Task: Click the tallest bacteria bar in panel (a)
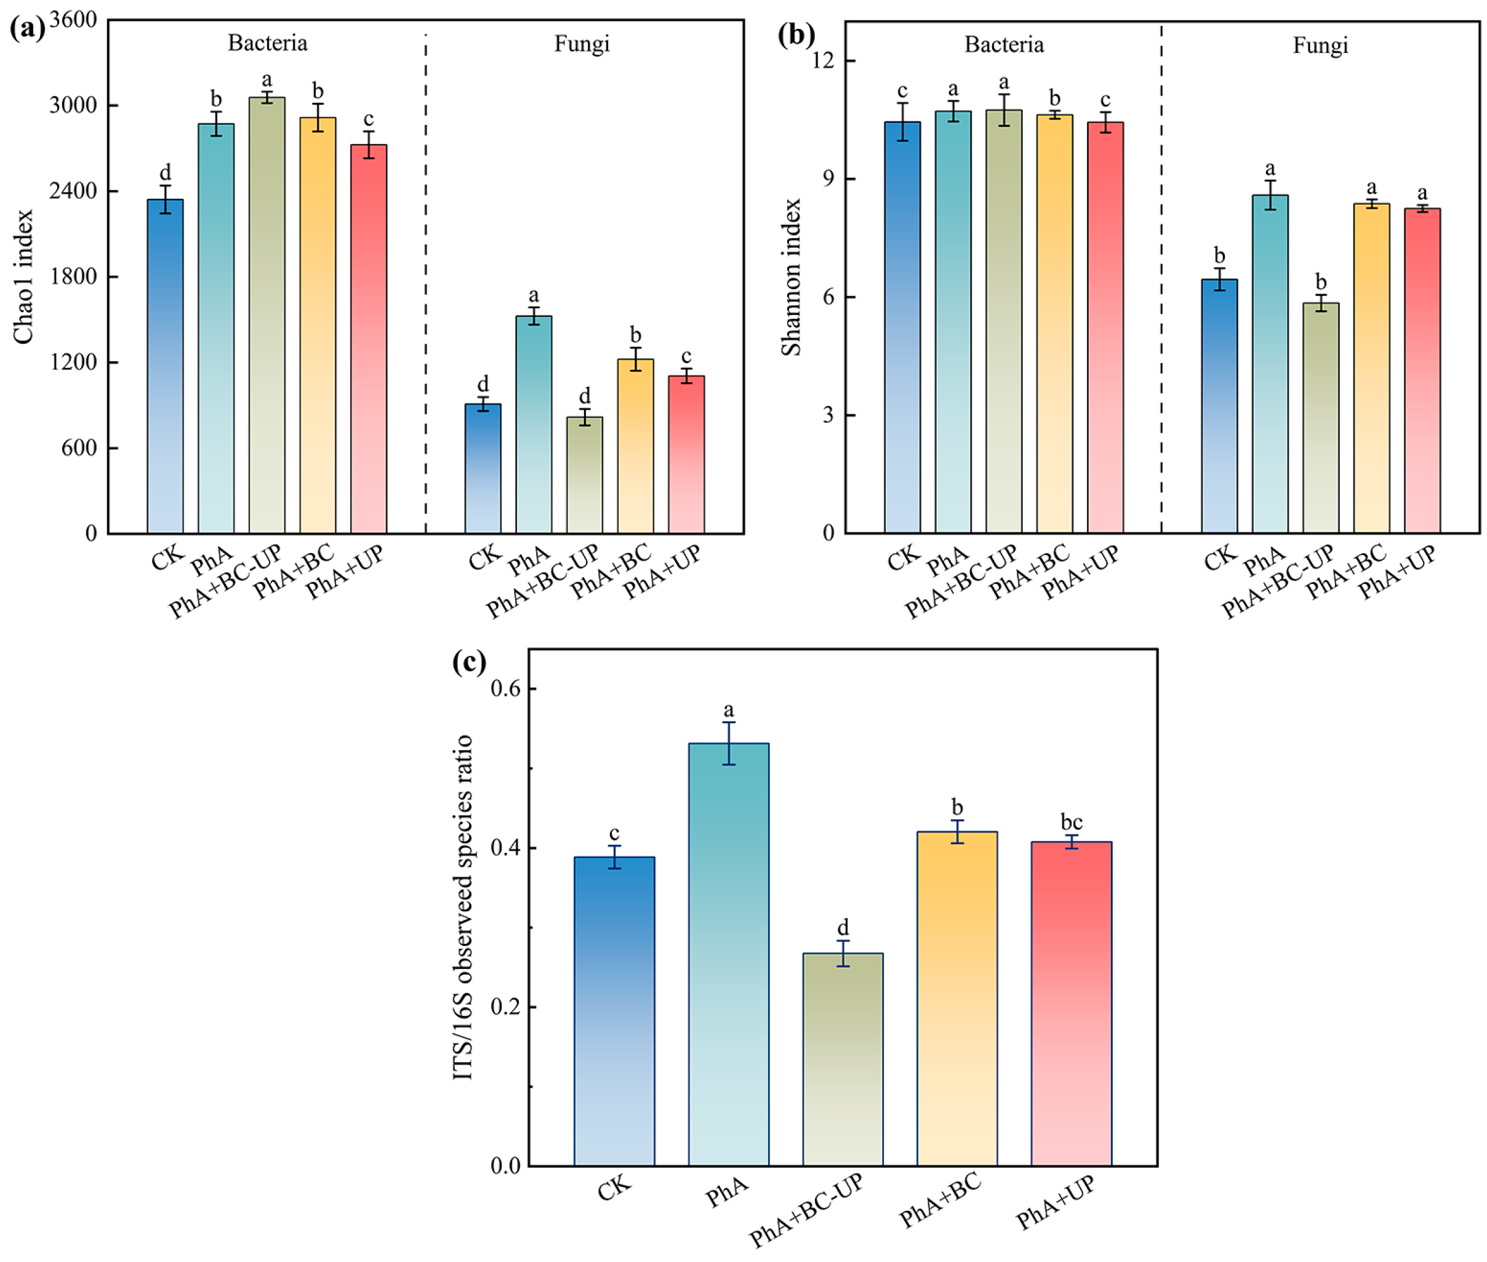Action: tap(267, 315)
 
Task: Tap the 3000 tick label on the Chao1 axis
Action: tap(73, 105)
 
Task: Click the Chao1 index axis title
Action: tap(23, 276)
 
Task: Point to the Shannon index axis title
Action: tap(790, 277)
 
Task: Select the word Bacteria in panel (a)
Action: tap(267, 43)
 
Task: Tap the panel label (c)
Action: tap(469, 661)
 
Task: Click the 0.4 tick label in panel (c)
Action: tap(505, 848)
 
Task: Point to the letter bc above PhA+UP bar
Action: tap(1070, 822)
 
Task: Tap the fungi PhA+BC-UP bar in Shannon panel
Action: tap(1320, 418)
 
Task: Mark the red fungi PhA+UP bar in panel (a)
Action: tap(686, 453)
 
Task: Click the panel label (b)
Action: tap(796, 34)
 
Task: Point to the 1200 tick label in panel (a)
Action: tap(73, 362)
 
